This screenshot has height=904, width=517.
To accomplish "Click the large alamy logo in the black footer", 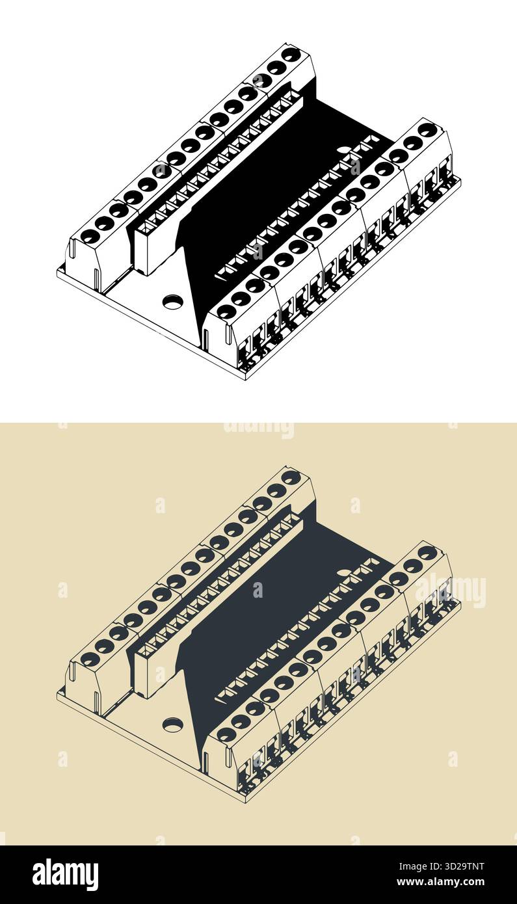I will [x=65, y=875].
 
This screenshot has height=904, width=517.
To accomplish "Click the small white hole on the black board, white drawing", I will [x=344, y=150].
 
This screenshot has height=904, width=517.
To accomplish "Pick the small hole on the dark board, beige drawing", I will [x=344, y=572].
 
